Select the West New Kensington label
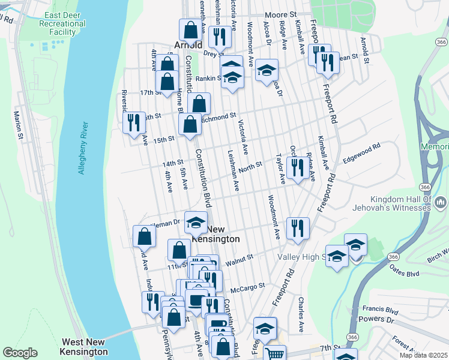pos(85,347)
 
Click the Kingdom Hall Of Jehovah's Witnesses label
pos(405,203)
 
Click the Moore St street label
pos(282,13)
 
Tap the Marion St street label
pos(19,125)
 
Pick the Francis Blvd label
pos(381,310)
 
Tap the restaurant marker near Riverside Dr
pos(134,122)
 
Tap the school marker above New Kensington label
pos(196,223)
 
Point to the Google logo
pos(20,353)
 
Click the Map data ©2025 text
pos(424,355)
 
